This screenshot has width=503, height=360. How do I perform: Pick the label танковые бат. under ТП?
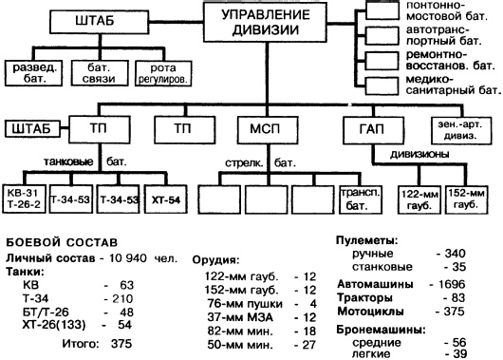tap(87, 161)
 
